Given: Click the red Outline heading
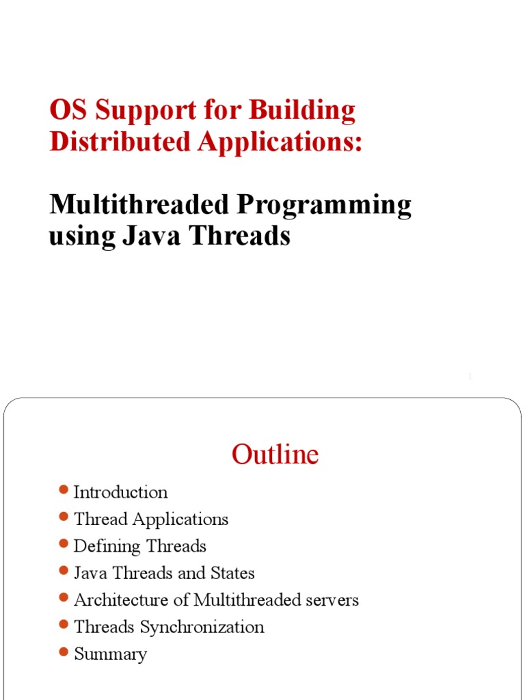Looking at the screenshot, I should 275,455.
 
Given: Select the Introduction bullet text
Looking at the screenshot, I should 120,492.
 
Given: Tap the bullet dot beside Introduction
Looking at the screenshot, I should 64,489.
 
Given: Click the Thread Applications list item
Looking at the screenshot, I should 151,519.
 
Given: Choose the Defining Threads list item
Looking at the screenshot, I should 139,546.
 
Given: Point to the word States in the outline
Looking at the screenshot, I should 232,573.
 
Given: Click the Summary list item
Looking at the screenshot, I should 110,654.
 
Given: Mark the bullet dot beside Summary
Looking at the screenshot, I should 64,651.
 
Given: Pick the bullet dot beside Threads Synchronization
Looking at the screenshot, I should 64,624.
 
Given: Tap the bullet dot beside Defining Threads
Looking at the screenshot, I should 64,543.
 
